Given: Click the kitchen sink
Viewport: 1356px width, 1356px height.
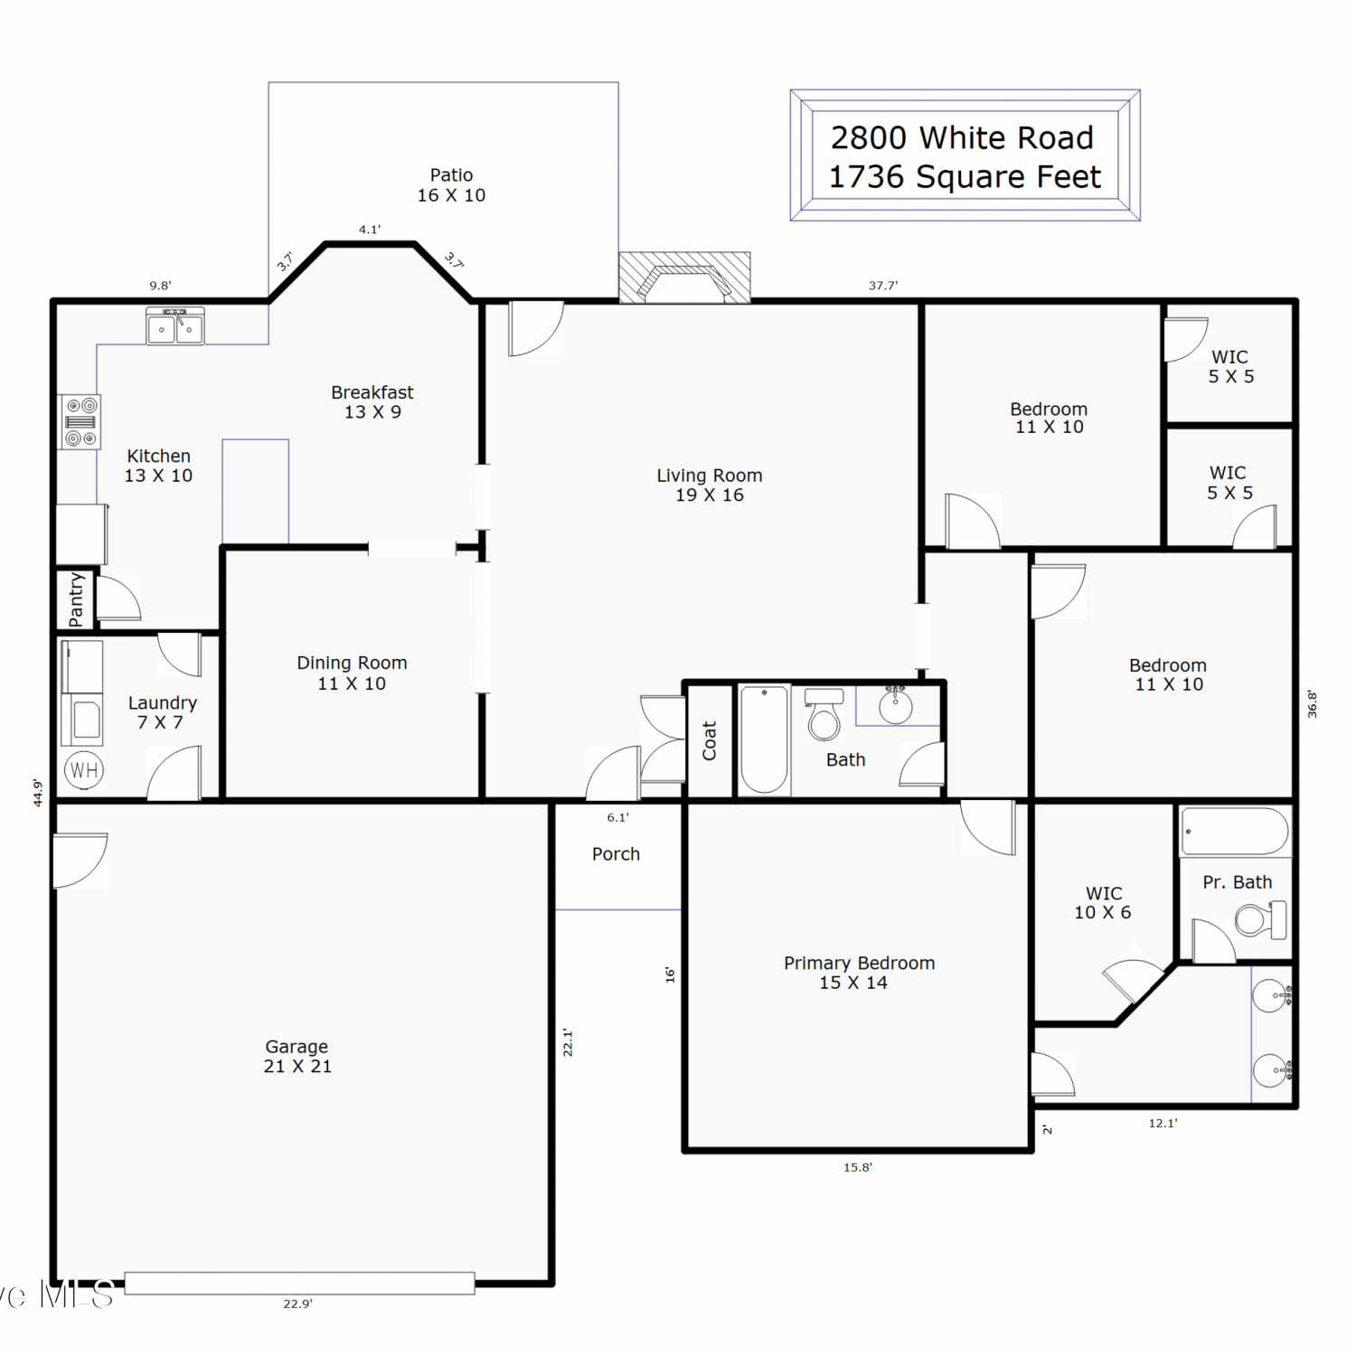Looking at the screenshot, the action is [x=175, y=325].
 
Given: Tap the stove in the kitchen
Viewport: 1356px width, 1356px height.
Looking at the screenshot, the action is [x=80, y=422].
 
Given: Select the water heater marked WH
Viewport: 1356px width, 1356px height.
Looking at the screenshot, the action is [x=84, y=770].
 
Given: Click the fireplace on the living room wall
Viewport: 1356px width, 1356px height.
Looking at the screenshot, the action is [x=684, y=278].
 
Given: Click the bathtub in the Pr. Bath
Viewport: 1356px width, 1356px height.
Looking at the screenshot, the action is [x=1235, y=832].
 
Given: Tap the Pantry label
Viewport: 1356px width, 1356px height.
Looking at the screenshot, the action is [x=76, y=599].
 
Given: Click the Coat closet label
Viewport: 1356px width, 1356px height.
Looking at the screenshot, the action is [x=710, y=740].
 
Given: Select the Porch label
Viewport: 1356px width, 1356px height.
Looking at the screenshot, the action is [x=616, y=854].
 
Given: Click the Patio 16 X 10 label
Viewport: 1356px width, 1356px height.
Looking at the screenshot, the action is [x=451, y=185].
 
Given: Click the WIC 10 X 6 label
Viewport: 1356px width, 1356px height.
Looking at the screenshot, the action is [x=1103, y=903].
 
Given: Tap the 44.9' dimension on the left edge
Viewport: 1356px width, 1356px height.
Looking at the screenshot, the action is [x=38, y=793].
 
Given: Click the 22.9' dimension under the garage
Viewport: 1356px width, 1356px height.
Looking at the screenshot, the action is [x=297, y=1304].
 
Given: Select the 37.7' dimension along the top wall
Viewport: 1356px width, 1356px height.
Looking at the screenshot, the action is [x=883, y=286].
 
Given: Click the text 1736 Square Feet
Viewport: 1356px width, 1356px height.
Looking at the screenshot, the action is [x=965, y=177].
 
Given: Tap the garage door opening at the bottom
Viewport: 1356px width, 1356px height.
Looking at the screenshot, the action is [x=299, y=1283].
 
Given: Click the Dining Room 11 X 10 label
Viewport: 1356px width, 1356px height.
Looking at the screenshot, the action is [x=352, y=673].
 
